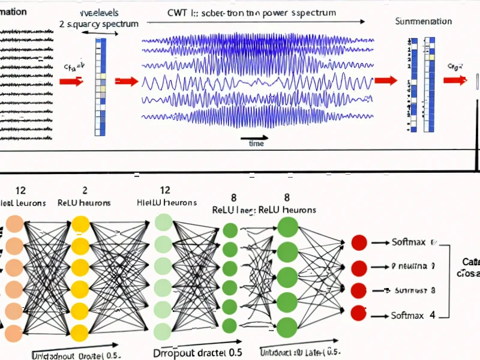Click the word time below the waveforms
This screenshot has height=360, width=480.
256,143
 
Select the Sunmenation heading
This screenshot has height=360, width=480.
423,22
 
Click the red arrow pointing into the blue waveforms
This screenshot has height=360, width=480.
126,82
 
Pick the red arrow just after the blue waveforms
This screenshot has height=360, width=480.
385,80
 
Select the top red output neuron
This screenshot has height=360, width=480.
358,242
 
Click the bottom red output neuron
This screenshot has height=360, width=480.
358,313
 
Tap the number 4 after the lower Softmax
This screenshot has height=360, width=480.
431,314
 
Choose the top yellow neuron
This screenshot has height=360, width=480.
80,226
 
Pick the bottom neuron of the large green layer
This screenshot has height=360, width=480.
287,327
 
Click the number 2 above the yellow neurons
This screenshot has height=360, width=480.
85,191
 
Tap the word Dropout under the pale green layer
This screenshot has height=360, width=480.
174,351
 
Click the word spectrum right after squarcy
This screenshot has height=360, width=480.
119,24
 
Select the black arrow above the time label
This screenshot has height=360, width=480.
258,136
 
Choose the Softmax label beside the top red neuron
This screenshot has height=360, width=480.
408,242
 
